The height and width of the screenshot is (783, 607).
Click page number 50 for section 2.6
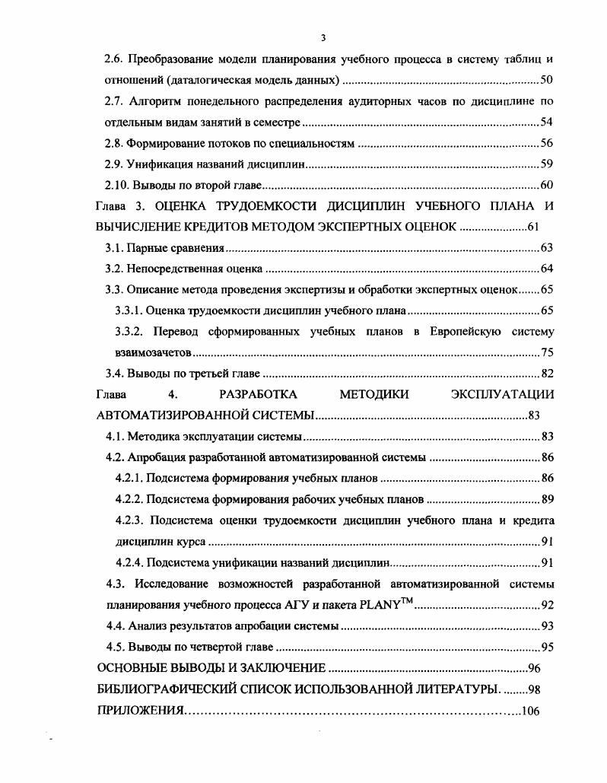coord(546,80)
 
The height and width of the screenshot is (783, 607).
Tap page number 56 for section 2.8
coord(546,143)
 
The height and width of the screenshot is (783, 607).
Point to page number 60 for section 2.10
coord(546,185)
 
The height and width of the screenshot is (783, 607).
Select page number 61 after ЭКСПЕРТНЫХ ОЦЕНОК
coord(532,227)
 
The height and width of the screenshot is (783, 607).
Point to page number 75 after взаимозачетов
coord(546,352)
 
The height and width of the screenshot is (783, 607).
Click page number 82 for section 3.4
coord(546,374)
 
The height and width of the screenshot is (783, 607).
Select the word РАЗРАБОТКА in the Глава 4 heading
coord(257,394)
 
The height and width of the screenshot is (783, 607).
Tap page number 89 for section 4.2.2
coord(546,499)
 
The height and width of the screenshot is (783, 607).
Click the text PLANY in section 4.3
coord(370,606)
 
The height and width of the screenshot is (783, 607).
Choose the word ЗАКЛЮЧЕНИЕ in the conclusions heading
coord(284,668)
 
